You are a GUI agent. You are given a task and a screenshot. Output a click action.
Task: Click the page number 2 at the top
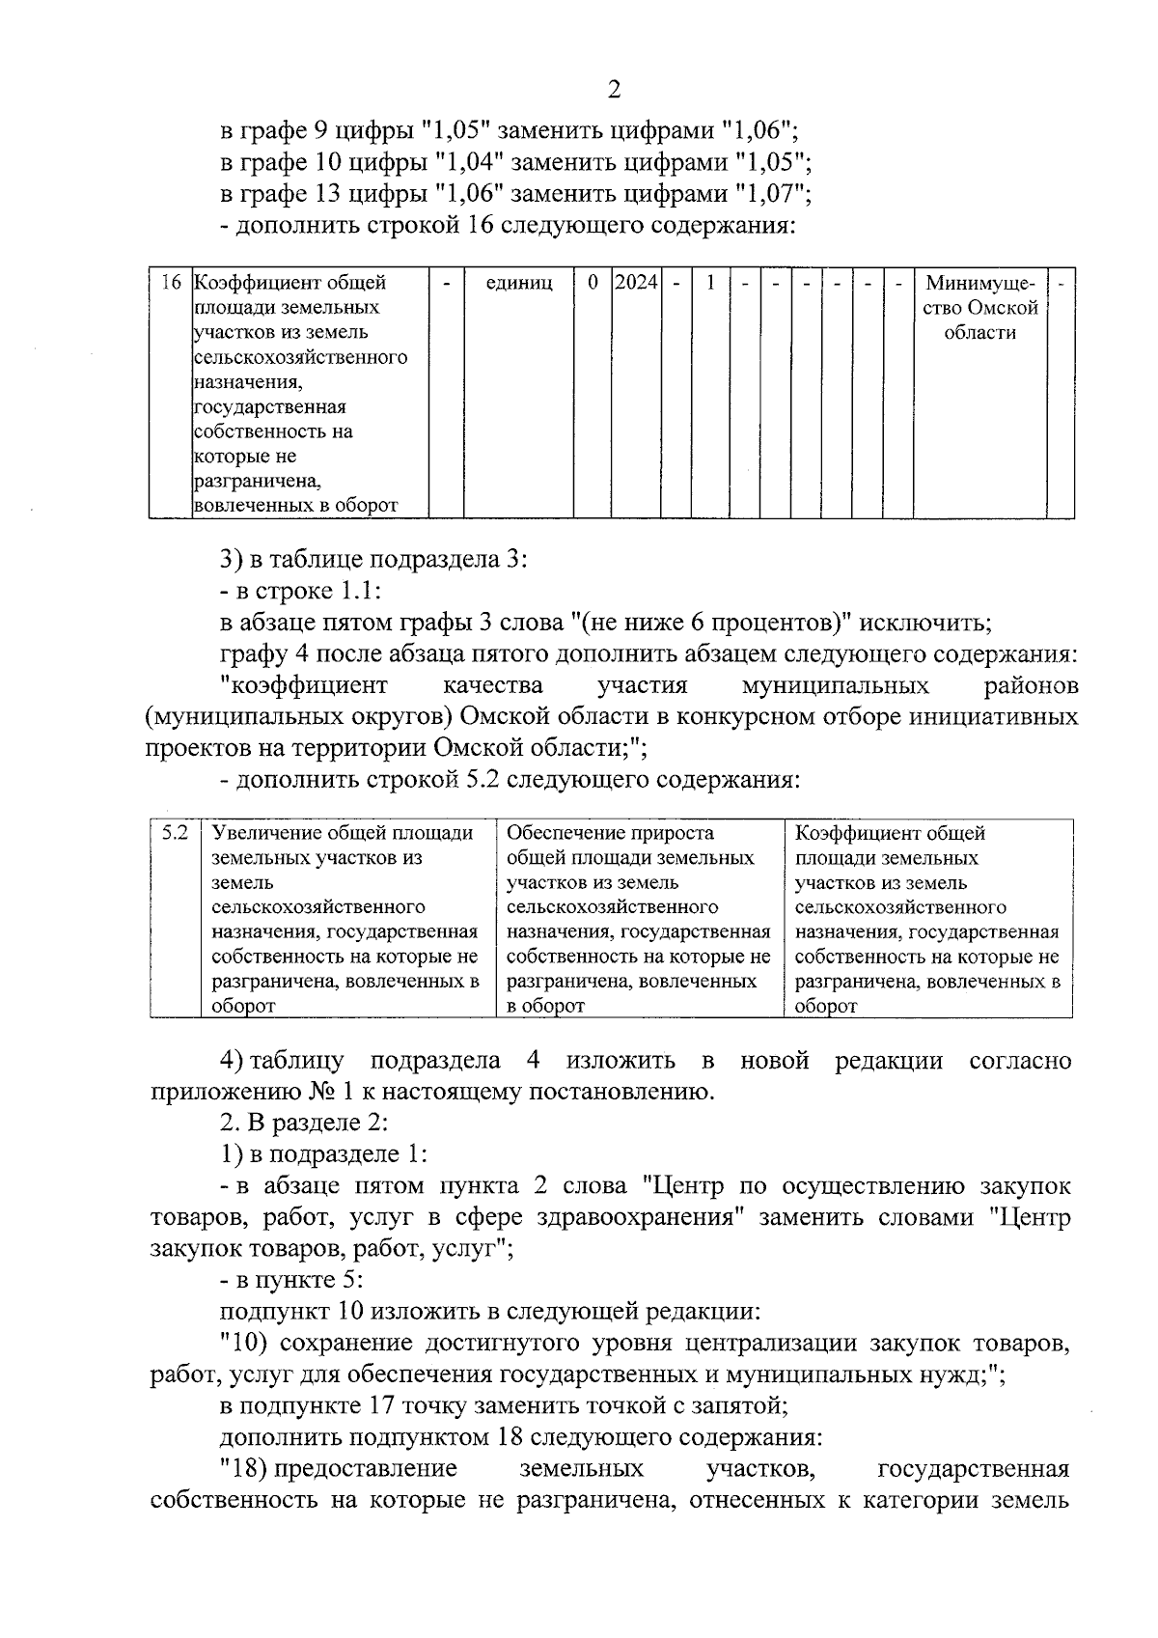coord(614,90)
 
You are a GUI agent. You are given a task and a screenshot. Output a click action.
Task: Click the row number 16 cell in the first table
coord(171,284)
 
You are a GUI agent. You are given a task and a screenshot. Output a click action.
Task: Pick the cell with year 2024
coord(637,283)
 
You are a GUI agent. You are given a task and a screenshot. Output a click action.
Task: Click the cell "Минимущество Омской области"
coord(979,308)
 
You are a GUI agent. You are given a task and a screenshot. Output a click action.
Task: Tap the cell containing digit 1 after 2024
coord(710,283)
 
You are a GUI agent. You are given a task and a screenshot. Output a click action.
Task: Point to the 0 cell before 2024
coord(593,283)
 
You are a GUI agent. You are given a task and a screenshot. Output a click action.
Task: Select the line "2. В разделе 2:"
coord(304,1123)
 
